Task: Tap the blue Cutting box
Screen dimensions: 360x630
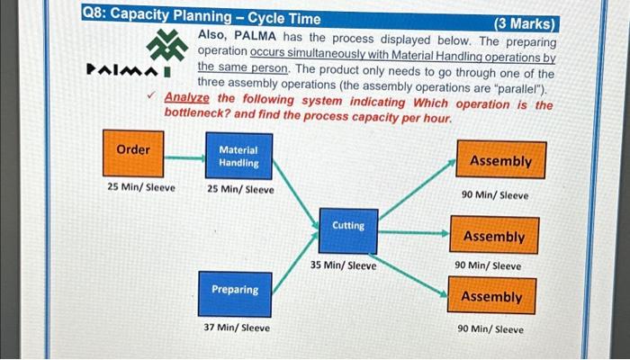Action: point(348,231)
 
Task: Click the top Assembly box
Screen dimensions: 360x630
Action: point(500,161)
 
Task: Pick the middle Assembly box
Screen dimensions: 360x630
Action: point(493,236)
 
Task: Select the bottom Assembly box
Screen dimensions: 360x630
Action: point(491,296)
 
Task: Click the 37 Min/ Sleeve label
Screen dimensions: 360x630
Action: point(236,328)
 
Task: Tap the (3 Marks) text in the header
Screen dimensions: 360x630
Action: point(526,24)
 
